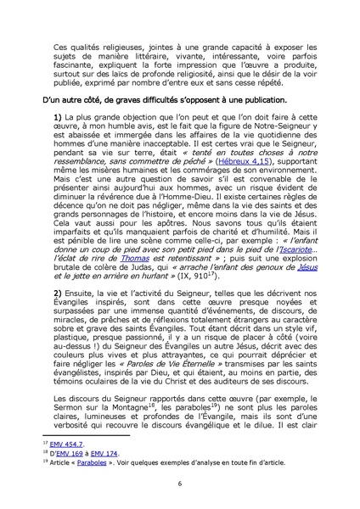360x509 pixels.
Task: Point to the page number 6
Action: click(x=180, y=483)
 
